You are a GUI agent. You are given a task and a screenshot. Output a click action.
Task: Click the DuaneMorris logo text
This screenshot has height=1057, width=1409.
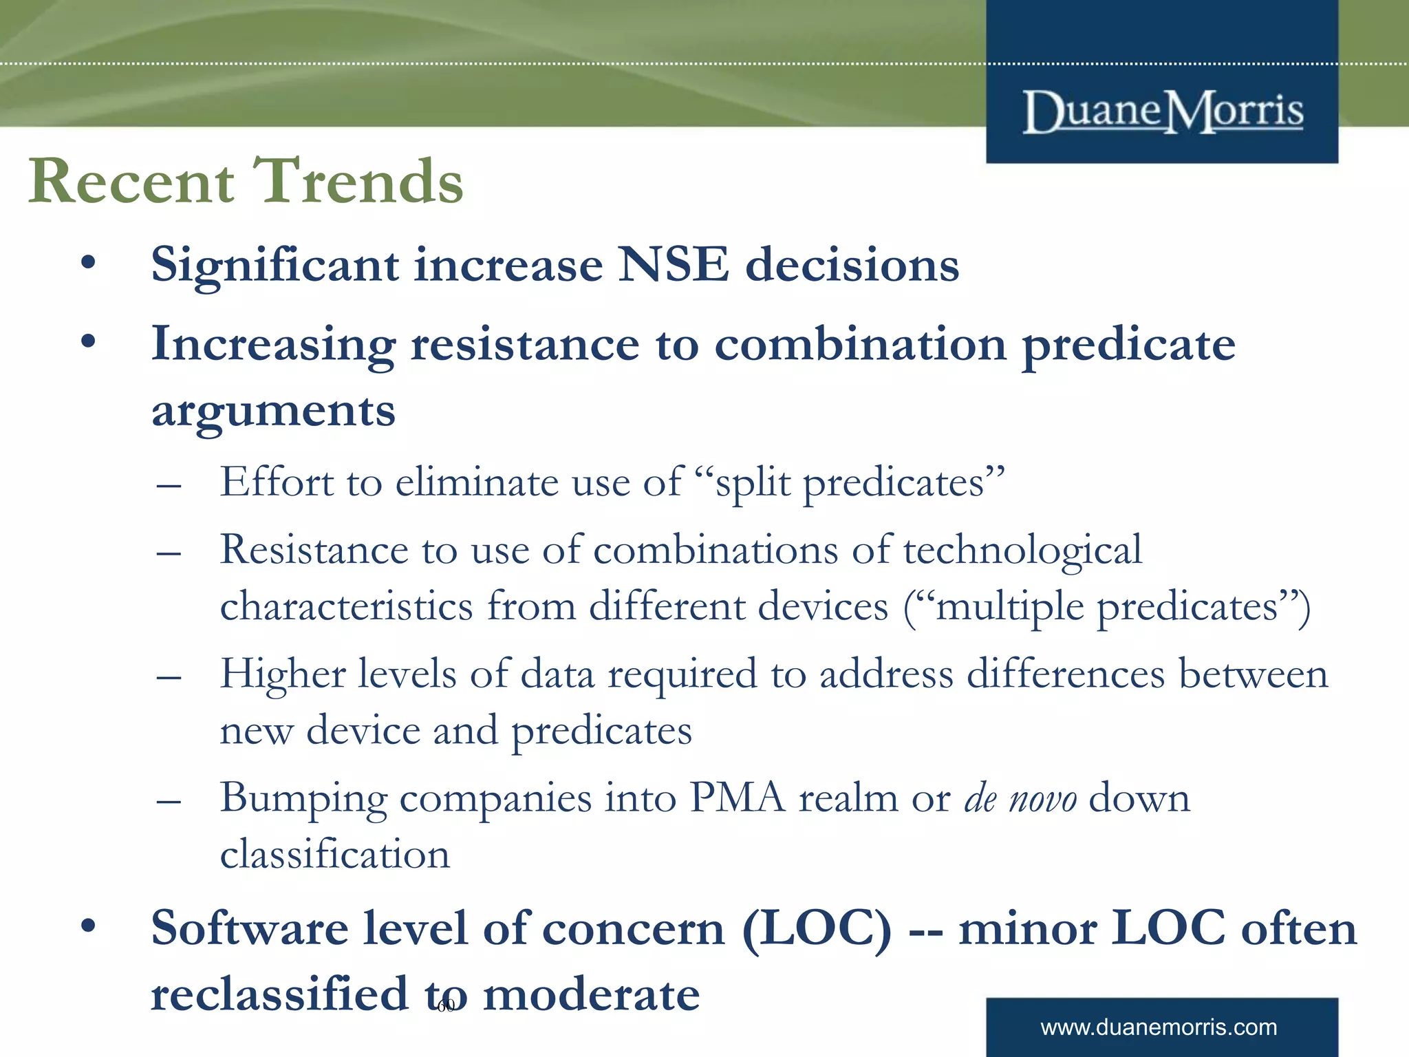(x=1163, y=111)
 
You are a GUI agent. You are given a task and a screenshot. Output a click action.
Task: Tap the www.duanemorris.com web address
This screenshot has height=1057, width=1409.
(x=1159, y=1027)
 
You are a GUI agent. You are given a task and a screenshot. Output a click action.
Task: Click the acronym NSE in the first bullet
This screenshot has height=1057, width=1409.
(x=673, y=265)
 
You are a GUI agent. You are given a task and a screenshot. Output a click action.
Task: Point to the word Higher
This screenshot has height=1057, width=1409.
(x=283, y=674)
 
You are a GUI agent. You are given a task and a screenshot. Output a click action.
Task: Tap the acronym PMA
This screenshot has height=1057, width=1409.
(x=737, y=798)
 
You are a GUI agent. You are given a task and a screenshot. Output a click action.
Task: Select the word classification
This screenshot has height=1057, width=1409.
(x=335, y=855)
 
